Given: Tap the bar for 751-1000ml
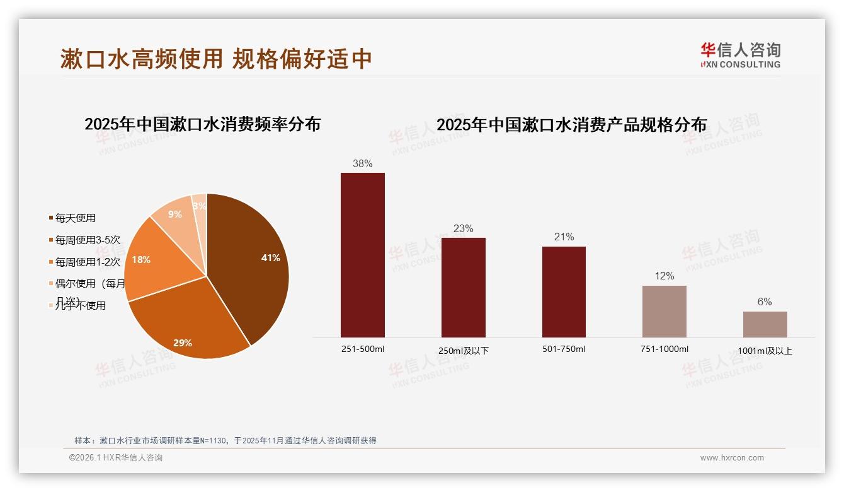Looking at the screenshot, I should [664, 312].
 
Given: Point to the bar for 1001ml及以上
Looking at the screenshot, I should [765, 324].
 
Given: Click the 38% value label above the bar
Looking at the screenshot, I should [362, 164].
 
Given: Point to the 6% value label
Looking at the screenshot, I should [765, 302].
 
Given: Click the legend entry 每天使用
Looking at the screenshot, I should [75, 218].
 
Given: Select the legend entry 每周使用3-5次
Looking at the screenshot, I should [87, 240].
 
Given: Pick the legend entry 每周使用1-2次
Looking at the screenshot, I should [87, 262].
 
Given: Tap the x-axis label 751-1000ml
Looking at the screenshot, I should [664, 349].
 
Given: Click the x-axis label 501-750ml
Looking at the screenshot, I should [564, 349].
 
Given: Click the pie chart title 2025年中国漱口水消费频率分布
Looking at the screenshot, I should [202, 124].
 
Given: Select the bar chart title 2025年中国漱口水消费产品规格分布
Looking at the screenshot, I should [571, 125].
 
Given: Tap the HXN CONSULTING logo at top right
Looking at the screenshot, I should [740, 56].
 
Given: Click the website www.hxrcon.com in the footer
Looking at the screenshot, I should [732, 458].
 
